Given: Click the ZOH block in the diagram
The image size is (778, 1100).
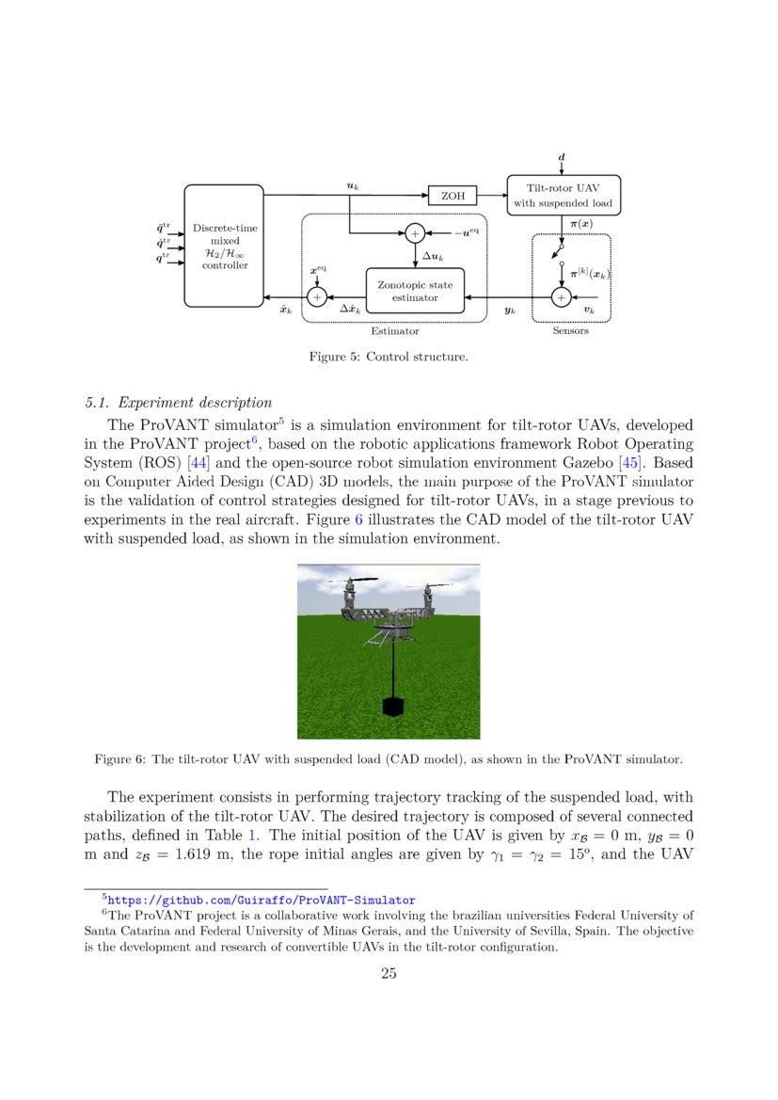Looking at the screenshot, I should pyautogui.click(x=453, y=196).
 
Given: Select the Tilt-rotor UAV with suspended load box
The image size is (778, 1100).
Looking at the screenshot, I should pyautogui.click(x=564, y=195).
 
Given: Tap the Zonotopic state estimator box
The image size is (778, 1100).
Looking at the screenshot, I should pyautogui.click(x=415, y=291).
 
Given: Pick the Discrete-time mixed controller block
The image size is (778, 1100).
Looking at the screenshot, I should pyautogui.click(x=224, y=247).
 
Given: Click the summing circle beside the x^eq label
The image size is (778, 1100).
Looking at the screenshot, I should pyautogui.click(x=317, y=296).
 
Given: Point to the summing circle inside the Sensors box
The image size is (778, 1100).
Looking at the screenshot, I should pyautogui.click(x=561, y=297).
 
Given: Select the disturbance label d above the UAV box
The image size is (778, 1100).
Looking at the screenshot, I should pyautogui.click(x=562, y=153).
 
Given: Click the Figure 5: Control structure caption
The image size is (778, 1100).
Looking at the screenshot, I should pyautogui.click(x=389, y=357).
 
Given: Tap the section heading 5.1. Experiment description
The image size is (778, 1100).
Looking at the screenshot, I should pyautogui.click(x=178, y=405).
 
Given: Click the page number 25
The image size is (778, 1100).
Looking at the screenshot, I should pyautogui.click(x=389, y=974).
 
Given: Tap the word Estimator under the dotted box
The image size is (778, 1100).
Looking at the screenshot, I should pyautogui.click(x=395, y=331).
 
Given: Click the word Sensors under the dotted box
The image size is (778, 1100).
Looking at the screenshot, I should pyautogui.click(x=570, y=331).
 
